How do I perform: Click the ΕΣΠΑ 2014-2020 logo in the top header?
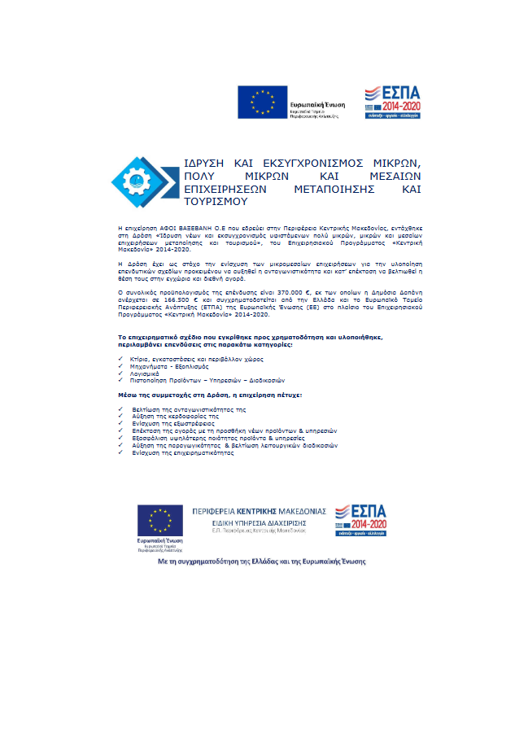pos(393,101)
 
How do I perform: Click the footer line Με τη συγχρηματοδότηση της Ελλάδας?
pos(261,561)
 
